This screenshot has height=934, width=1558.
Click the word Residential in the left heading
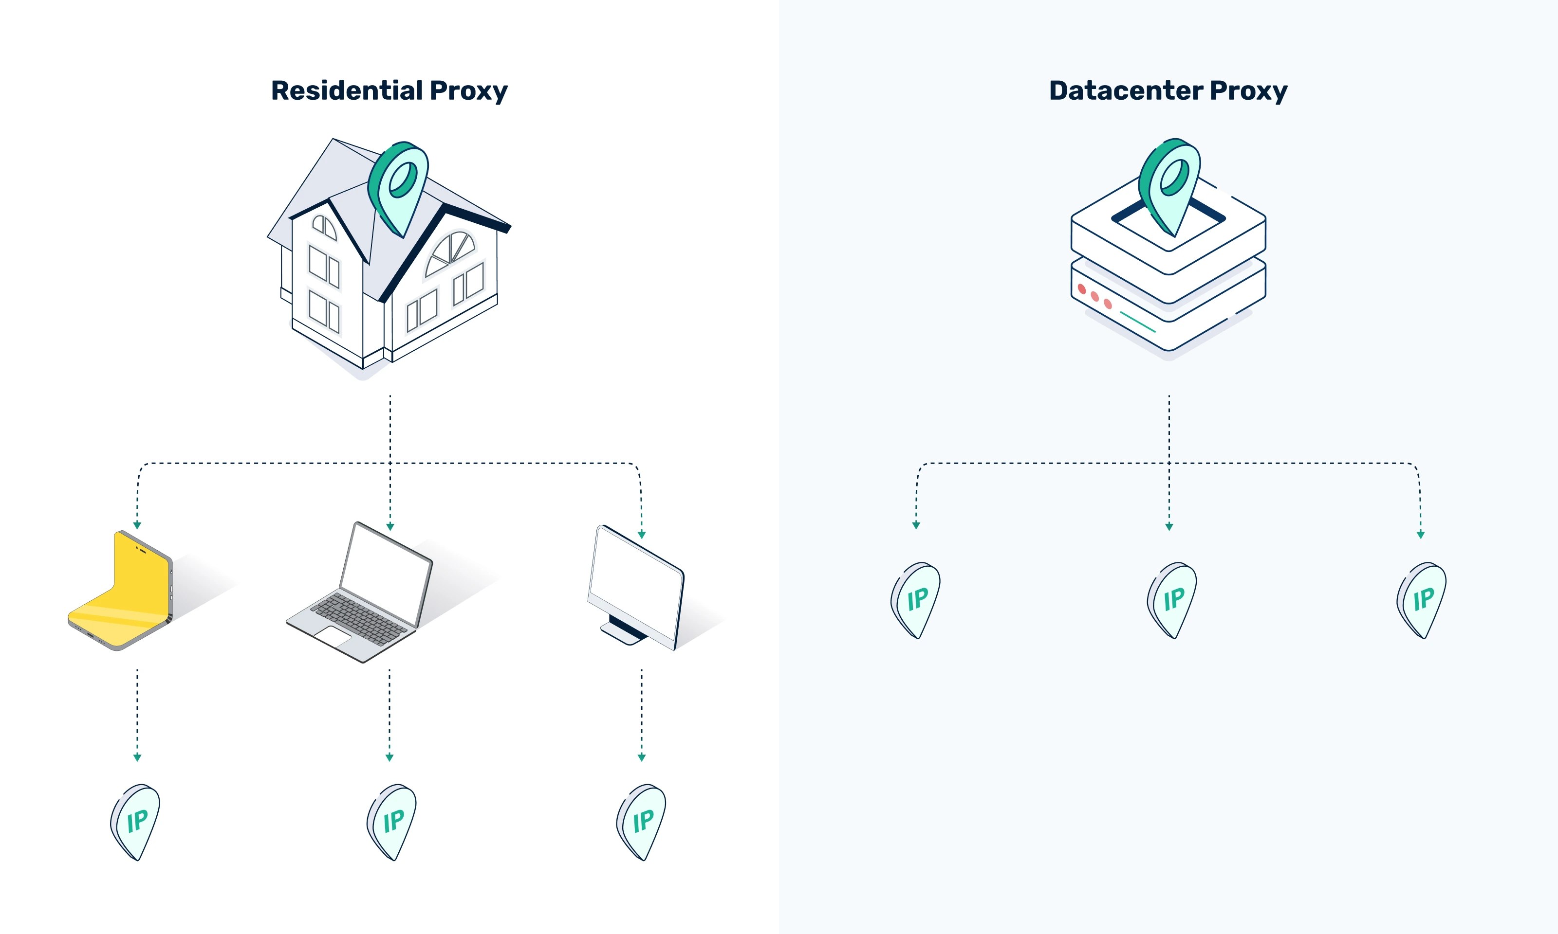point(346,90)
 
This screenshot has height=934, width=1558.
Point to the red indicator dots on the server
point(1094,296)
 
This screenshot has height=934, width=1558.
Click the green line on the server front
point(1137,322)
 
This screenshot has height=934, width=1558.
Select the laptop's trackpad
point(333,636)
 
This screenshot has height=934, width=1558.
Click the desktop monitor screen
point(635,582)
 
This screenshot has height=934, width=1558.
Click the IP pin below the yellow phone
point(136,821)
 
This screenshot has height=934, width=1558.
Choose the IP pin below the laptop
point(392,821)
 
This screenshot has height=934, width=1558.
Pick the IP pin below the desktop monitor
point(642,821)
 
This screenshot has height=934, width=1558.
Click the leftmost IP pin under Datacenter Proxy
point(916,599)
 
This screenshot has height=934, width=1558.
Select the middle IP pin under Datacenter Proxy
point(1172,599)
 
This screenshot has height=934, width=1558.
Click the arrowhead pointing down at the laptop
point(390,527)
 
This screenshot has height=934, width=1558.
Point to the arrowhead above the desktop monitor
point(642,535)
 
